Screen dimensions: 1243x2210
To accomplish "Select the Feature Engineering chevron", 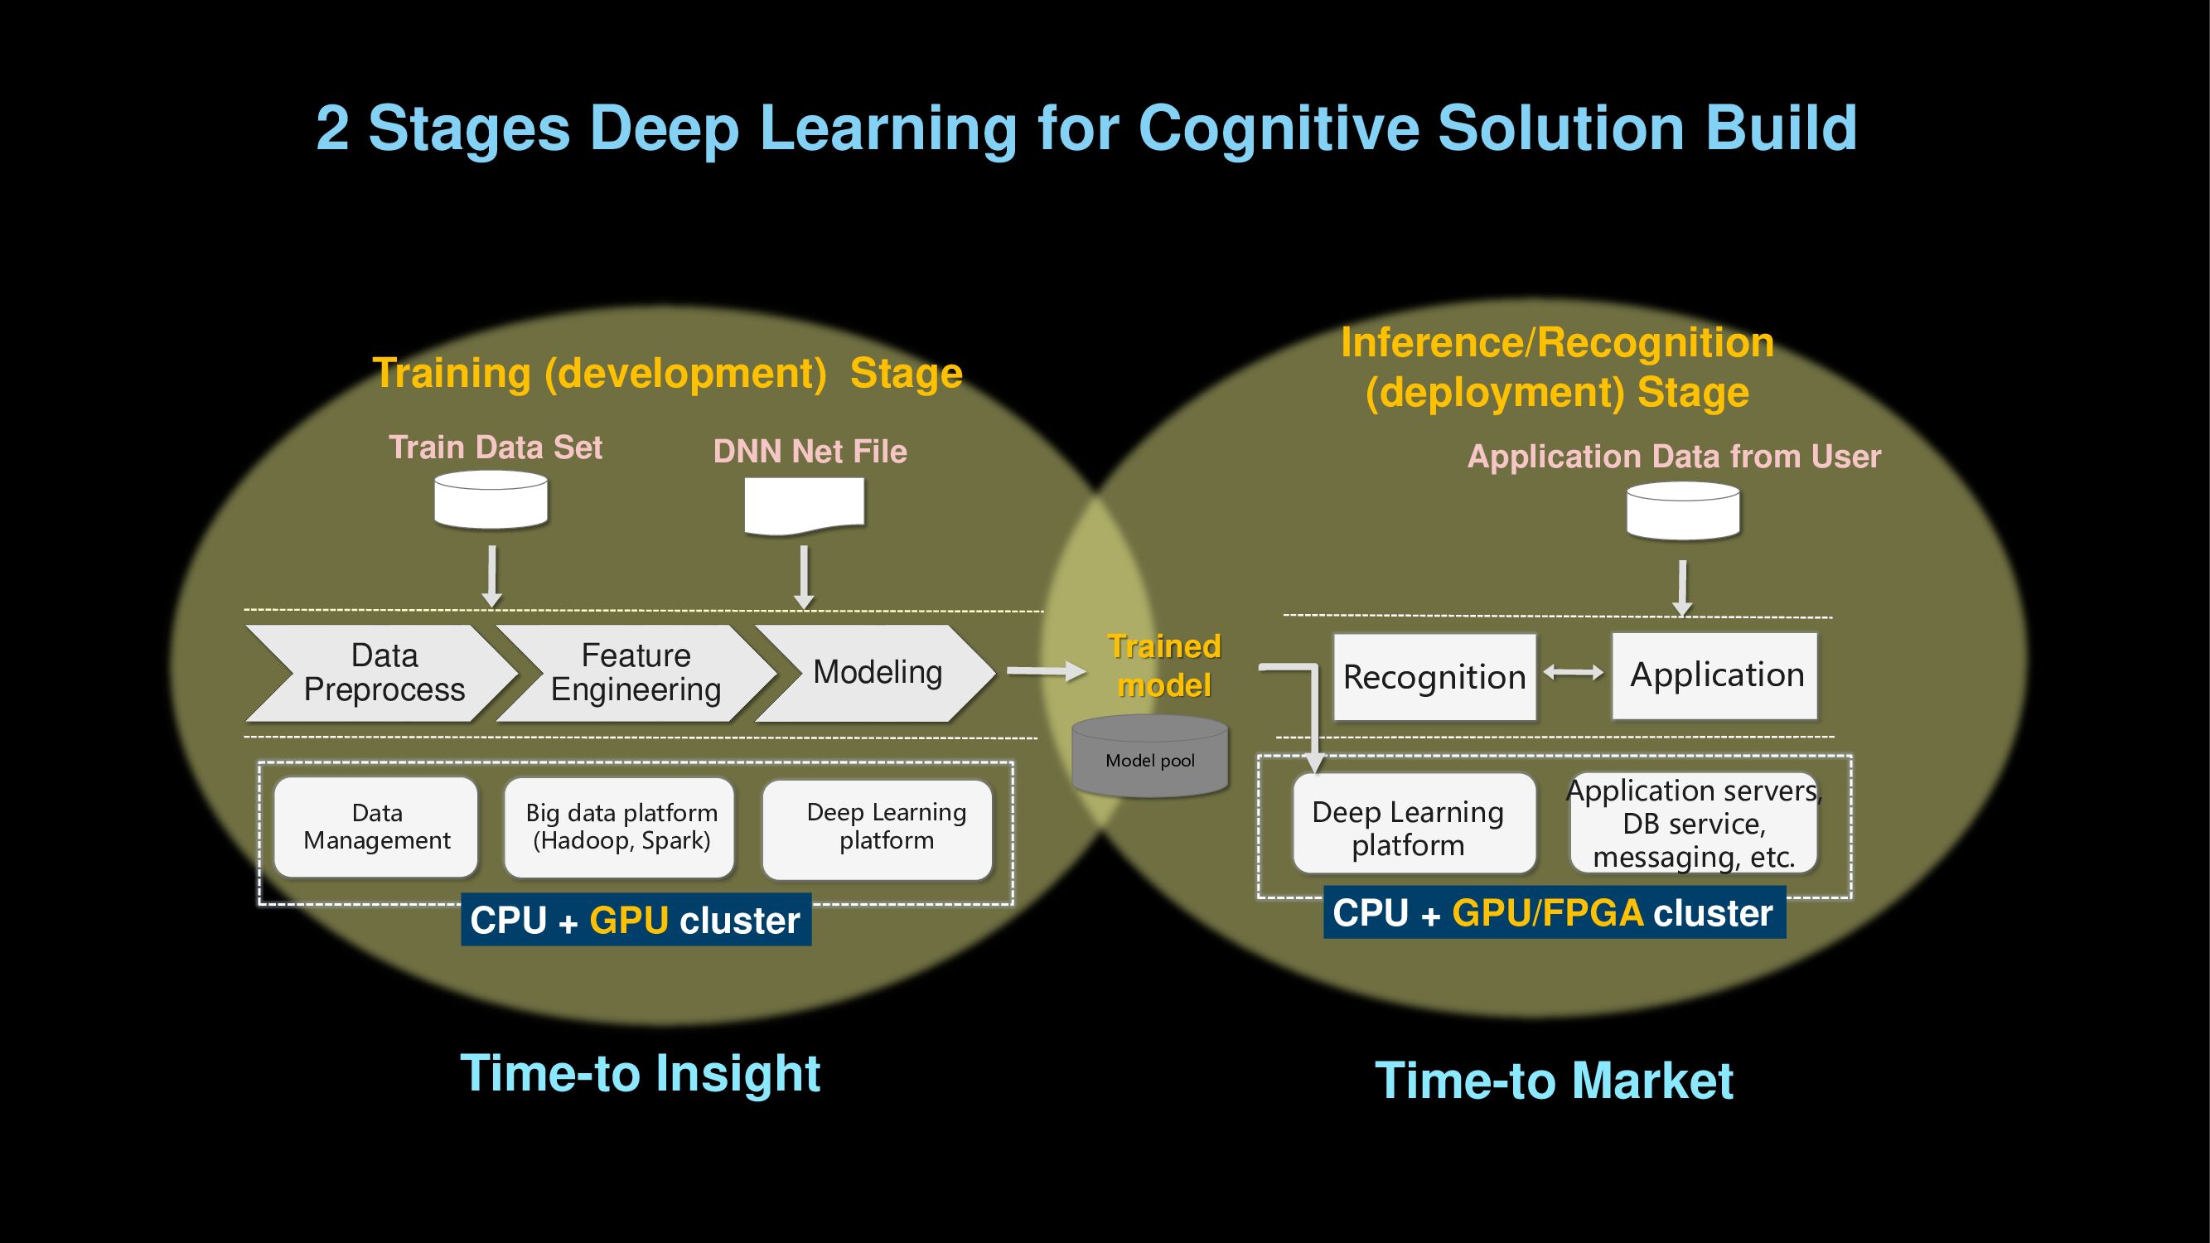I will point(636,673).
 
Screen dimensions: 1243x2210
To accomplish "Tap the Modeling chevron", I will point(876,673).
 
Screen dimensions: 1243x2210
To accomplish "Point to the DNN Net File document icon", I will point(804,505).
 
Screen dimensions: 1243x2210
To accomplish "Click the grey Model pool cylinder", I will point(1149,757).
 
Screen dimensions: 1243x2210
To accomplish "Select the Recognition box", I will point(1434,677).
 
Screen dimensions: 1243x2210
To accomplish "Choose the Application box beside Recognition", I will point(1715,675).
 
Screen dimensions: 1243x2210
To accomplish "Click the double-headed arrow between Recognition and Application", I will point(1574,674).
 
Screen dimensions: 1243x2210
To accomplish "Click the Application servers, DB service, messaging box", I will point(1694,824).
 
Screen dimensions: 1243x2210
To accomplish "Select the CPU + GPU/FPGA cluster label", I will point(1554,912).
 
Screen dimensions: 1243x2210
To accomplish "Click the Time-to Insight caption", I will point(640,1073).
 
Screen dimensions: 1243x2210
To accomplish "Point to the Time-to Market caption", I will point(1554,1080).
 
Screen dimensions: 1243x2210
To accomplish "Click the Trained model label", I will point(1164,665).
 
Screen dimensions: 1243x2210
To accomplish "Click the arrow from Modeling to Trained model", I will point(1046,671).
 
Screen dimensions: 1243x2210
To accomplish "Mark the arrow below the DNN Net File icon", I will point(804,578).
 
